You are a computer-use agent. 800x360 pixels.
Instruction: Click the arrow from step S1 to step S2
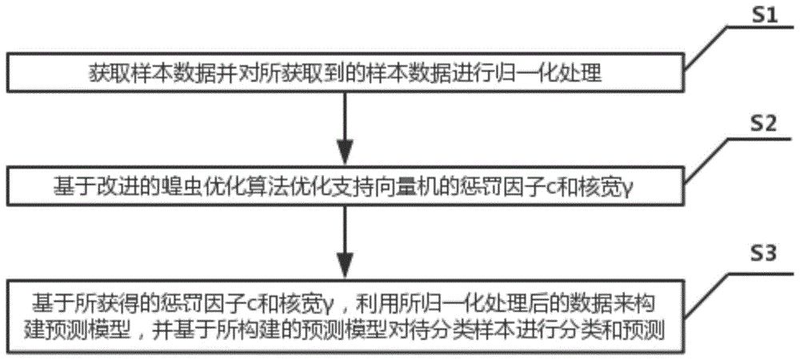346,122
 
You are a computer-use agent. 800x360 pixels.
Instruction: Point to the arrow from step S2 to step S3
346,240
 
